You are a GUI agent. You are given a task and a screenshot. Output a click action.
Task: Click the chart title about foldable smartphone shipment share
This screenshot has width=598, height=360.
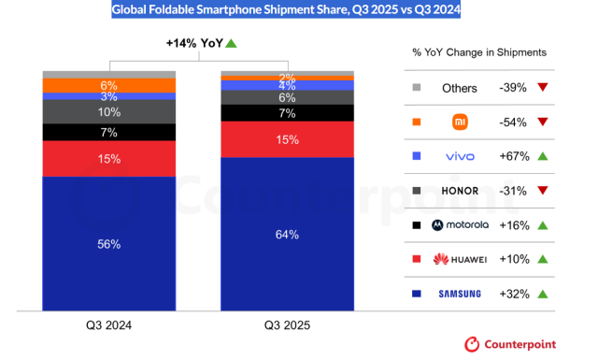point(286,12)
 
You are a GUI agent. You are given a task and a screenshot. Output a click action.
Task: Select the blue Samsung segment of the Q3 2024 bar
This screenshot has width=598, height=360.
point(109,243)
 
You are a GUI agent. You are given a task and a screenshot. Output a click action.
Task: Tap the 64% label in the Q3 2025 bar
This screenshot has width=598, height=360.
point(287,234)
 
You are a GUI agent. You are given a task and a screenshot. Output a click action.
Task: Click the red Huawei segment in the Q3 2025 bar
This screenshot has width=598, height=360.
point(287,139)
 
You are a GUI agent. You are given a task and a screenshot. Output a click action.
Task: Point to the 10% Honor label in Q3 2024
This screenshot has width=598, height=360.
point(109,111)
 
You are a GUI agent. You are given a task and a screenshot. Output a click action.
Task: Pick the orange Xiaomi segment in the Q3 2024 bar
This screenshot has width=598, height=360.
point(109,85)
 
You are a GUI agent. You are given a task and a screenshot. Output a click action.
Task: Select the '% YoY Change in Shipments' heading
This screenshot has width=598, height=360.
point(479,52)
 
